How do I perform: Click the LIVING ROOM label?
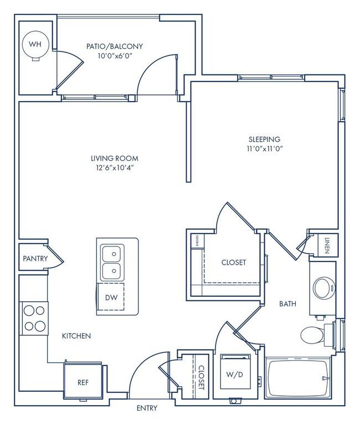115,158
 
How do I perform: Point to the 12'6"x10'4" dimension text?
115,168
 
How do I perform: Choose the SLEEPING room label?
264,139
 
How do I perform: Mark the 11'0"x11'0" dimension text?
264,148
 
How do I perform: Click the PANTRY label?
35,259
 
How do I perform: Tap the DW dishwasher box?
111,297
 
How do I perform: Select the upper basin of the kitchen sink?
111,254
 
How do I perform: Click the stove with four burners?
34,319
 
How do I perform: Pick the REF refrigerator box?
83,382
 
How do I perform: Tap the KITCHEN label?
76,336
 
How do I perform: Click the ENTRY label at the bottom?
147,408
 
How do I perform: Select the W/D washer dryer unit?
239,373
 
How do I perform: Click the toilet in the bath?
313,335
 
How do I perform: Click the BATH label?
287,304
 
